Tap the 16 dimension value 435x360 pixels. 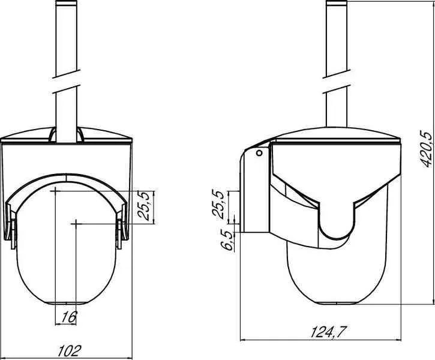69,317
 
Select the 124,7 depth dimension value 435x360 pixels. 329,332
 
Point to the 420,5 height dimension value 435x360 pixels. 427,149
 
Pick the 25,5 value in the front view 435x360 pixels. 144,206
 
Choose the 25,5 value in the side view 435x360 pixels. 218,204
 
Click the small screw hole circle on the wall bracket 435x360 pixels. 259,153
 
